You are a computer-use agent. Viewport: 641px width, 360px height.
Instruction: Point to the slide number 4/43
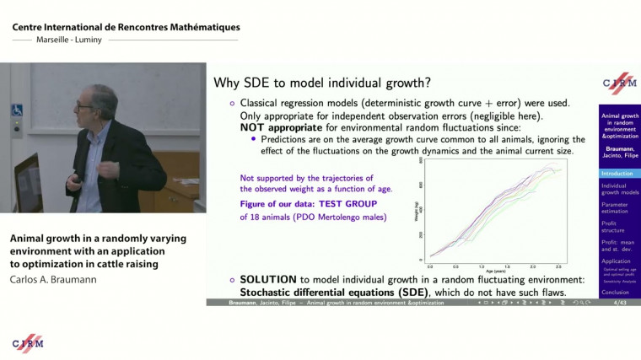[620, 301]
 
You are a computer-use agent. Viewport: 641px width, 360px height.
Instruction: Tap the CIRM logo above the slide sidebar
[619, 83]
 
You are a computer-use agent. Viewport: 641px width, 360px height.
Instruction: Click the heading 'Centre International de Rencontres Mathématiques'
[126, 27]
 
